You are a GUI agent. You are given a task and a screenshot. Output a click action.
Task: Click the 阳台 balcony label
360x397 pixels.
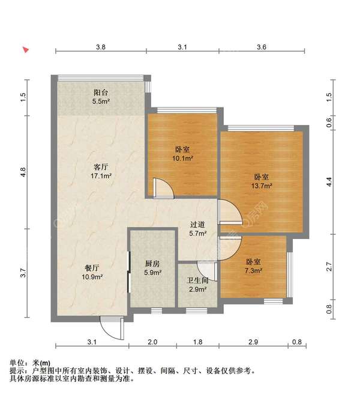[100, 93]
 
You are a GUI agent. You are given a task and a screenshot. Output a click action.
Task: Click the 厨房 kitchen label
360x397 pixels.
[152, 264]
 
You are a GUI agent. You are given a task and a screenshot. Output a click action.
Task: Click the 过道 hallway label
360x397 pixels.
[199, 225]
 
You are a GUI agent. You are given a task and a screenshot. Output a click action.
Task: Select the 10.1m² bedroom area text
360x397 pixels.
[183, 159]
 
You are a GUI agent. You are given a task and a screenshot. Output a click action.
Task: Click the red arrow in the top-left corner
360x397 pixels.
[26, 50]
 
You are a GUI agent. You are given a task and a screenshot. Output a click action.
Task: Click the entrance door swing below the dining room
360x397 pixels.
[111, 328]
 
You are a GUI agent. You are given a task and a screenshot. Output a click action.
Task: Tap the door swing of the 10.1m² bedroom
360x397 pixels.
[163, 187]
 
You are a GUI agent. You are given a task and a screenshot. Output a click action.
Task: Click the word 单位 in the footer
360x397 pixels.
[18, 362]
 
